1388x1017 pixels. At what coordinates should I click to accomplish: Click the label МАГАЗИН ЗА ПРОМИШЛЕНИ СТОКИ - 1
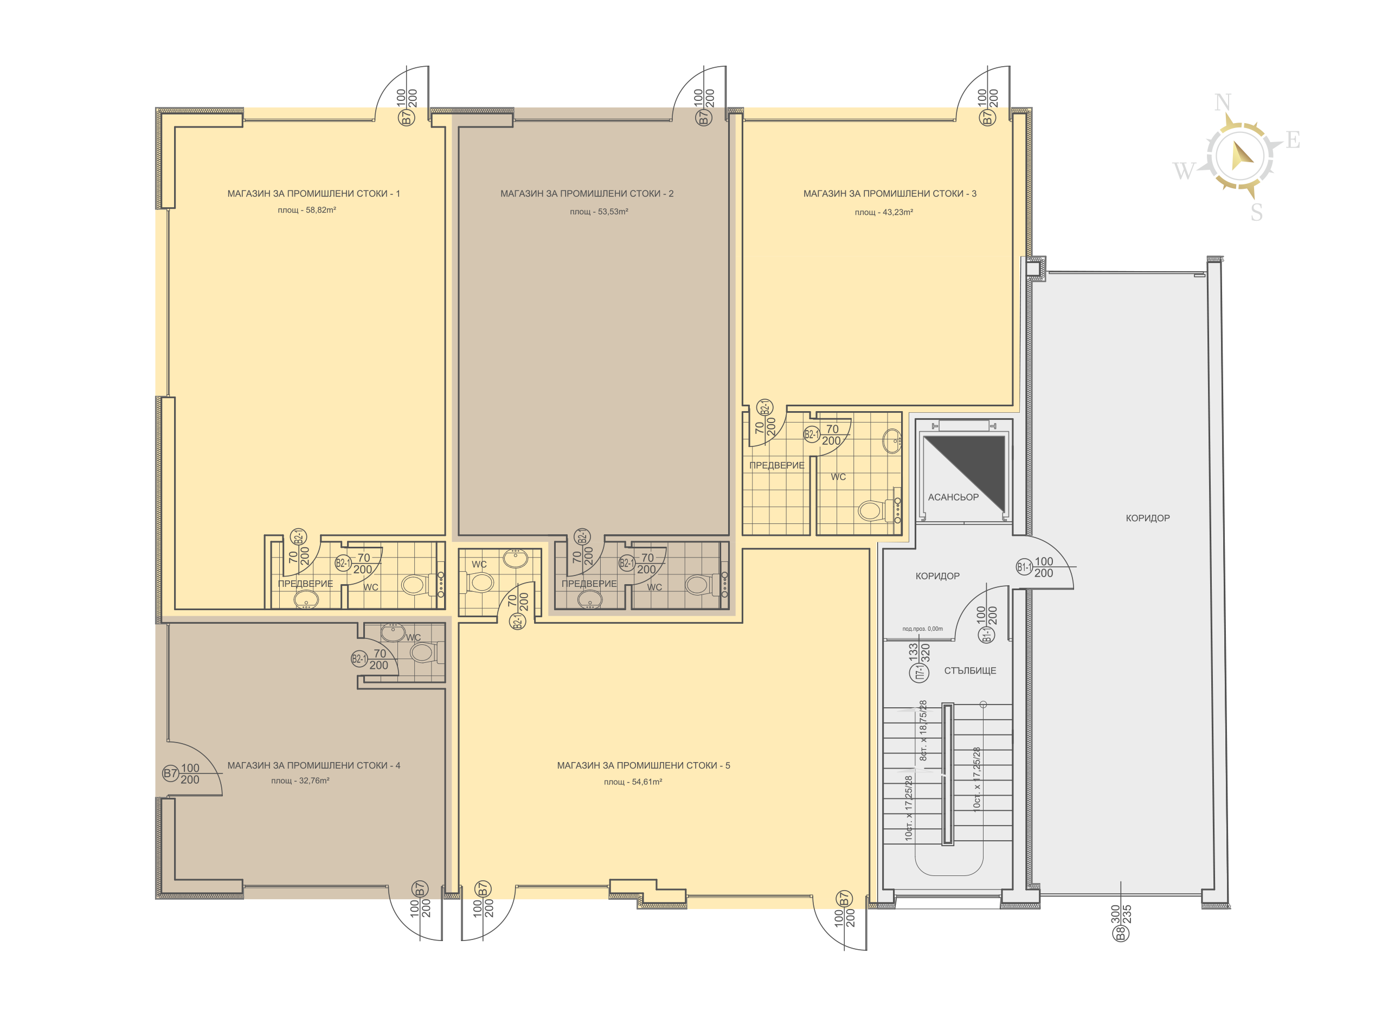click(314, 193)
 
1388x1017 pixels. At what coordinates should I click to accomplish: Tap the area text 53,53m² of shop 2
click(613, 212)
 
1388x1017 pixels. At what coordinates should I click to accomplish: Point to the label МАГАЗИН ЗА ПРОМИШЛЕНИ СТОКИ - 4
click(314, 765)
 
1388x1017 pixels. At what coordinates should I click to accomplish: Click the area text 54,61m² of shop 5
click(647, 782)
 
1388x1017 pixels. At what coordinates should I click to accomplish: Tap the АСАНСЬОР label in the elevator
click(953, 497)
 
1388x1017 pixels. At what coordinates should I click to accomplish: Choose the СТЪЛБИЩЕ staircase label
click(971, 670)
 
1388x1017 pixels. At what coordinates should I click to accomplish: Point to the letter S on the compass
click(1257, 213)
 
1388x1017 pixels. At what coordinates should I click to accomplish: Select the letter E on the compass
click(1293, 140)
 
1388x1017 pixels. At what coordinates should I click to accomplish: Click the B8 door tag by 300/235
click(1121, 934)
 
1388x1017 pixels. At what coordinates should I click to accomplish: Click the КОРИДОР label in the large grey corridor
click(1147, 519)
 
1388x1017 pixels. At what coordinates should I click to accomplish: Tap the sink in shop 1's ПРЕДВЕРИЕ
click(306, 598)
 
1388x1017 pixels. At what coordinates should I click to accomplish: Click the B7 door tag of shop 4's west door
click(170, 773)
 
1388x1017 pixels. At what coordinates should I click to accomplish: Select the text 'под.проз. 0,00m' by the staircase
click(922, 629)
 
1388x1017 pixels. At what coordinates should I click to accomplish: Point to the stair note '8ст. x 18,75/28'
click(923, 730)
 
